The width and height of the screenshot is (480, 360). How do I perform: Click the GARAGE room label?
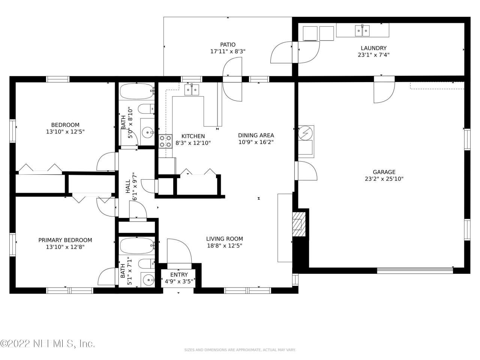coord(384,172)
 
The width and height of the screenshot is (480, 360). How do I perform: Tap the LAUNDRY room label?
coord(373,48)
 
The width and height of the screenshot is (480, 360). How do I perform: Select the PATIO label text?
coord(228,45)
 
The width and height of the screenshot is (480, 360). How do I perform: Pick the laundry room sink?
coord(362,30)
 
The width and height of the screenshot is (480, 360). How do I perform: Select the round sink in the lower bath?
coord(148,279)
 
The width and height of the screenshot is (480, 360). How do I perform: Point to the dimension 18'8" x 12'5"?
coord(224,246)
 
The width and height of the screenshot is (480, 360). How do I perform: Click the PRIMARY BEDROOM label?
coord(65,240)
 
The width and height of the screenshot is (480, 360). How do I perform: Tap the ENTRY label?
coord(179,274)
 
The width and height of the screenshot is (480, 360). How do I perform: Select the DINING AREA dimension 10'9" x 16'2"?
coord(256,142)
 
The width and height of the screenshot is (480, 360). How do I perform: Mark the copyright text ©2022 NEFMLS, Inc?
coord(47,343)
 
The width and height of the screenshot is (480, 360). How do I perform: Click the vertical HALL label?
coord(128,186)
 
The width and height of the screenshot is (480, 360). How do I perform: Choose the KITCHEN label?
coord(193,136)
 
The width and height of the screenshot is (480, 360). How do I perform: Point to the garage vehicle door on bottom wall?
coord(415,270)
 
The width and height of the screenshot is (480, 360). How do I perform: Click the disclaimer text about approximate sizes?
coord(240,350)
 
